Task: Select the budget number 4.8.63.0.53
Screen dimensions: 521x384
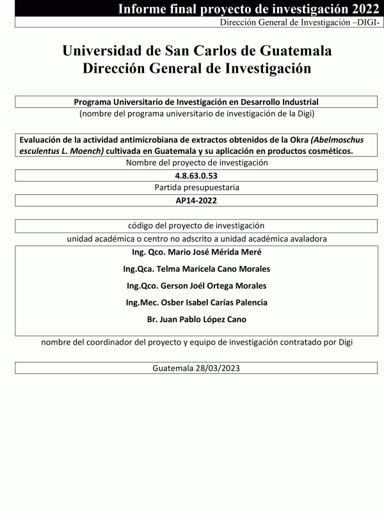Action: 196,175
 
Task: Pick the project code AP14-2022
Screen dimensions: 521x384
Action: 196,200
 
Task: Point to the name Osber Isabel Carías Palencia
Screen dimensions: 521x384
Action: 214,302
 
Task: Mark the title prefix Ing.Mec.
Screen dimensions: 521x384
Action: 144,302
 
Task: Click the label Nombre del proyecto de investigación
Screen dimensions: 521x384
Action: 196,162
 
